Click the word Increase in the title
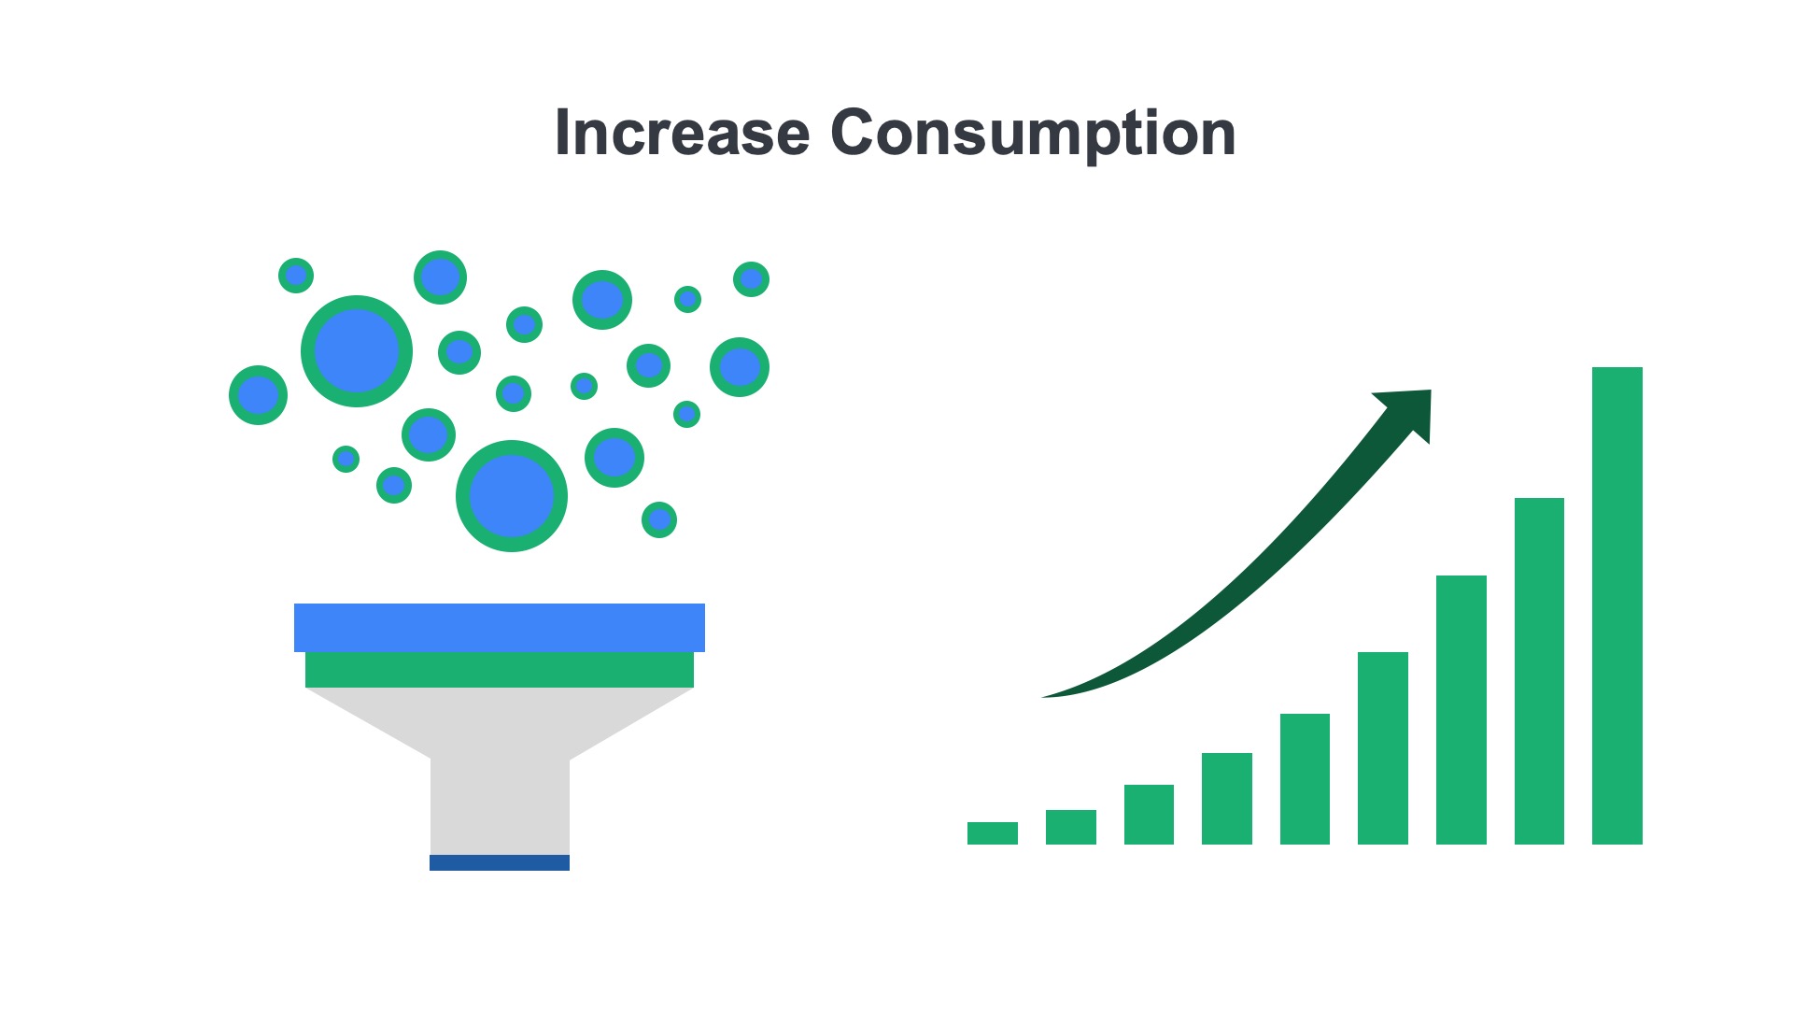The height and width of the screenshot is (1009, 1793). [x=682, y=133]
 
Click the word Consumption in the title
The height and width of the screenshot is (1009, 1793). [x=1033, y=133]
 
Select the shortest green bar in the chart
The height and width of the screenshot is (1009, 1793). [x=992, y=833]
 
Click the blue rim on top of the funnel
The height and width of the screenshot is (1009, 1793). [x=499, y=627]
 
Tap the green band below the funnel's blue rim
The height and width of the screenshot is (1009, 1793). [x=499, y=670]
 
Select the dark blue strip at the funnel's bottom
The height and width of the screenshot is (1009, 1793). [x=499, y=862]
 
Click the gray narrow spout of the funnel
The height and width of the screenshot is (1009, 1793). [x=499, y=803]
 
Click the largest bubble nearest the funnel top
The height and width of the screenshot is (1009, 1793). [x=511, y=496]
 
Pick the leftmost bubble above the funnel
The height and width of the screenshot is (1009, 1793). [x=258, y=395]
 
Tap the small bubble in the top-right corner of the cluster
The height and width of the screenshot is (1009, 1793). [x=751, y=279]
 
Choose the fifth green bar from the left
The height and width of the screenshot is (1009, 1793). [x=1305, y=779]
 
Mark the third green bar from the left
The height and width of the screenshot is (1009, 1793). [x=1149, y=815]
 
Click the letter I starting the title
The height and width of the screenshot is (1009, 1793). [x=562, y=133]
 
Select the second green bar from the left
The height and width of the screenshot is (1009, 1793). [x=1070, y=827]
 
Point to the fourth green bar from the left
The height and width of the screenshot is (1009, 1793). [x=1226, y=799]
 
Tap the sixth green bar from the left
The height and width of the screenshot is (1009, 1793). [x=1382, y=748]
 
